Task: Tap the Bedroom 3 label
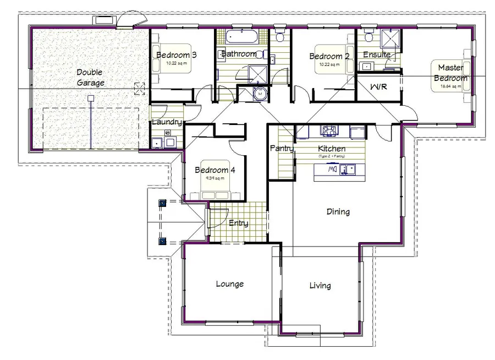tap(177, 55)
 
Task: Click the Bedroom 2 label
tap(329, 56)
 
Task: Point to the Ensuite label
tap(377, 54)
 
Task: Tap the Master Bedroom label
tap(450, 73)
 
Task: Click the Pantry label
tap(280, 148)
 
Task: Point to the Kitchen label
tap(332, 149)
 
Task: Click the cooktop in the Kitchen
tap(330, 131)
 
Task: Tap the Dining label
tap(338, 211)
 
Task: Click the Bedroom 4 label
tap(215, 170)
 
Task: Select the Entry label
tap(238, 223)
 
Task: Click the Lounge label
tap(229, 284)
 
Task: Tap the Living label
tap(320, 285)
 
